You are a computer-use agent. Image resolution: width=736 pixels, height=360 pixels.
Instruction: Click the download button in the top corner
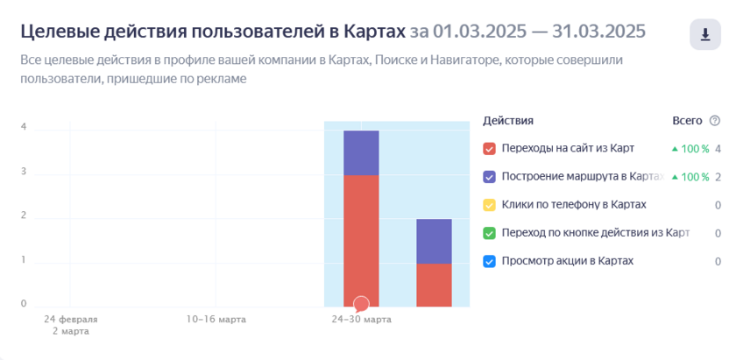pos(705,35)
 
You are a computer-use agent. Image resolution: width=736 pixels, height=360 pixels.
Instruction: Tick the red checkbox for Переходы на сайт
pos(490,149)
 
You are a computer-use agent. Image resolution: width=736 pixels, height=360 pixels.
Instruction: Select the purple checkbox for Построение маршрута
pos(490,177)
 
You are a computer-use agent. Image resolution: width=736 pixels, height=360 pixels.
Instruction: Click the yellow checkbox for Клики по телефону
pos(490,205)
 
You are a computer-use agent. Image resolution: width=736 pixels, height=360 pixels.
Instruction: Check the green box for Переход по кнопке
pos(490,233)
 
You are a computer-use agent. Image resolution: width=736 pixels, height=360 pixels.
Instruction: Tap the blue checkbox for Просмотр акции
pos(490,261)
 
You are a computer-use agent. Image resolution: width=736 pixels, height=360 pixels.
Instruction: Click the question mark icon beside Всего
pos(715,121)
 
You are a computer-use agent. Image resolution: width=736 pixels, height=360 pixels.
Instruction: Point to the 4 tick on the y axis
pos(24,127)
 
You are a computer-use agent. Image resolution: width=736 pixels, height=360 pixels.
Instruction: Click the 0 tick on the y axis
pos(24,304)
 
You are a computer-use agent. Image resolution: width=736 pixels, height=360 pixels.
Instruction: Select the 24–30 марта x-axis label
pos(361,320)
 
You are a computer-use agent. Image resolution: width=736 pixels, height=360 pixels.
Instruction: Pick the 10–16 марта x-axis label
pos(216,320)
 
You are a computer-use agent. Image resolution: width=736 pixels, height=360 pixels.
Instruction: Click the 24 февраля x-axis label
pos(71,320)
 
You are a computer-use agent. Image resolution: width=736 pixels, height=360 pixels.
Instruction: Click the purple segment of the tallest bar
pos(361,152)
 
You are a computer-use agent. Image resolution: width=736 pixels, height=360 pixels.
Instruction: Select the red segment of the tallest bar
pos(361,236)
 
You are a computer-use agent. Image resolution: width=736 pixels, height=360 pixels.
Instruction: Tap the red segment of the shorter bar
pos(434,285)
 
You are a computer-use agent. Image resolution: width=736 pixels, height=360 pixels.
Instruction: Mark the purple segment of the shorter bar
pos(434,241)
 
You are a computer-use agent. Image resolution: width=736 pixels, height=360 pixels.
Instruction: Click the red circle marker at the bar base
pos(361,304)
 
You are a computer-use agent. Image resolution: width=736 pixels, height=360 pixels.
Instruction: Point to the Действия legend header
pos(508,121)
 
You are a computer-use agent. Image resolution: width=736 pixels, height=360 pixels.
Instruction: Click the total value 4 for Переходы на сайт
pos(718,149)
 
